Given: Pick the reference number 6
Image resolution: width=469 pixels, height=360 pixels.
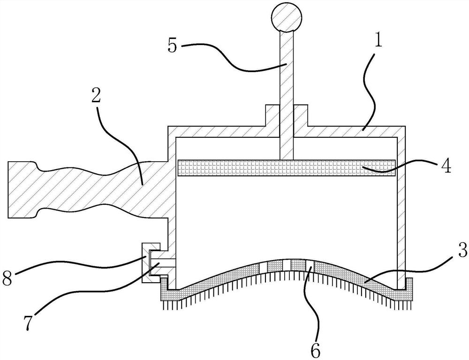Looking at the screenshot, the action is pyautogui.click(x=316, y=350).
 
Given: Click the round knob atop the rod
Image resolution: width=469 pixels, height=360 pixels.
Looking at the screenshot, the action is pyautogui.click(x=287, y=17).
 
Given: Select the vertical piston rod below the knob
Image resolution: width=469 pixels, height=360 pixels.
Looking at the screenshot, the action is pyautogui.click(x=287, y=95).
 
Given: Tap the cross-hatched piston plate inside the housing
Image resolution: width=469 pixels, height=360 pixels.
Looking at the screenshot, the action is pyautogui.click(x=287, y=168).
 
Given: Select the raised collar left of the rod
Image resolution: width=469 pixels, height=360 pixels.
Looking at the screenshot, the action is pyautogui.click(x=272, y=115).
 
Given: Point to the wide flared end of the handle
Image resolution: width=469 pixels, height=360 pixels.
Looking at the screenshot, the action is pyautogui.click(x=23, y=190).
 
